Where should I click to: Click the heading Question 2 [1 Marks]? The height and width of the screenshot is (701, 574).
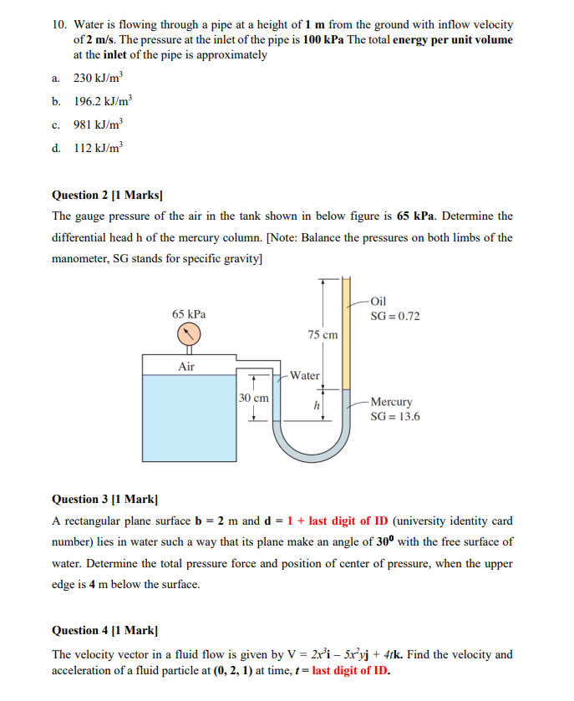[x=107, y=196]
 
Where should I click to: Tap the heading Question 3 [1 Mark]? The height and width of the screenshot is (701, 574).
[x=104, y=499]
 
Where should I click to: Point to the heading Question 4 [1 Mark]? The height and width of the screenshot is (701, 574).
[x=104, y=630]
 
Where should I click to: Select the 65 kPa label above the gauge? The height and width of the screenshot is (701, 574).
[x=189, y=314]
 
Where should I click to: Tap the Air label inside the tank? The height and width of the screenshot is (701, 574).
[x=186, y=366]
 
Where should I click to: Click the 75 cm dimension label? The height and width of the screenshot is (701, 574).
[x=323, y=334]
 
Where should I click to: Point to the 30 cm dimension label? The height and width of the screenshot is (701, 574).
[x=254, y=399]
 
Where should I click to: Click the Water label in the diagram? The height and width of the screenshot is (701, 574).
[x=305, y=376]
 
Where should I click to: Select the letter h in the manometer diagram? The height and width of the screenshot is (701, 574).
[x=317, y=405]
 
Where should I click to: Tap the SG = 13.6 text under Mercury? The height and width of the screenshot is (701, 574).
[x=395, y=416]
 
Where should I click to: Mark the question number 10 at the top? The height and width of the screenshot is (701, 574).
[x=58, y=26]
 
